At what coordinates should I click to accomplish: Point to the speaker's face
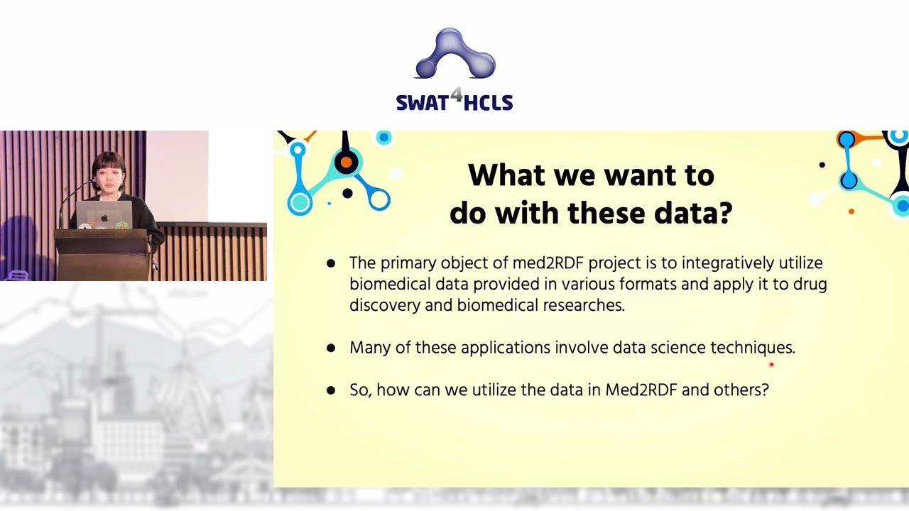coord(109,175)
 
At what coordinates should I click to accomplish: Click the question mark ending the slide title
coord(725,213)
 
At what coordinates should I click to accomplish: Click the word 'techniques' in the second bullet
coord(752,348)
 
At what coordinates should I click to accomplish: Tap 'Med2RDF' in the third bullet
coord(641,390)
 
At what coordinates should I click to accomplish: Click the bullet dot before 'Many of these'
coord(331,348)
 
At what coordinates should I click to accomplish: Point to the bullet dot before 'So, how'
coord(331,390)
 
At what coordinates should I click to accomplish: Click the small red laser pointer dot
coord(771,365)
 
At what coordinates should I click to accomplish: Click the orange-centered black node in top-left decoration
coord(345,163)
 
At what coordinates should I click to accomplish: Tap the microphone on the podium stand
coord(93,185)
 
